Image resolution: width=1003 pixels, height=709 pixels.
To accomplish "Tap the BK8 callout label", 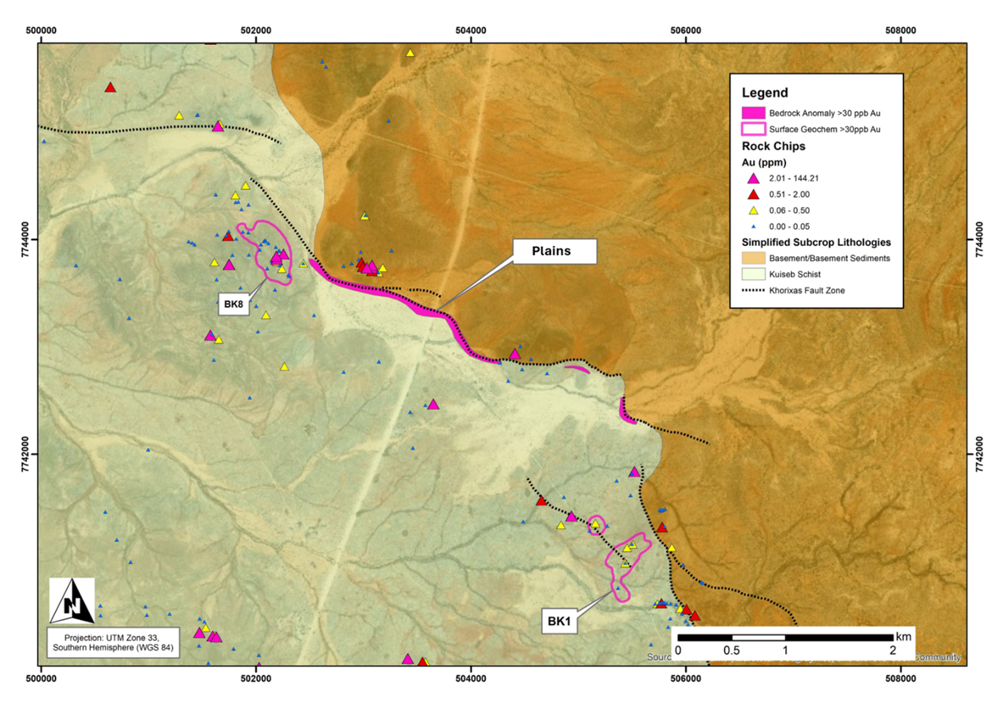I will tap(233, 305).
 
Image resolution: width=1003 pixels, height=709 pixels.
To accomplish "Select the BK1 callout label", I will tap(559, 621).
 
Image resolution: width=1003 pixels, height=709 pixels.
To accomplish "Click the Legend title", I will tap(765, 93).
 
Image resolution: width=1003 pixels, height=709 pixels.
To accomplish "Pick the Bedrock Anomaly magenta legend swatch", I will tap(753, 113).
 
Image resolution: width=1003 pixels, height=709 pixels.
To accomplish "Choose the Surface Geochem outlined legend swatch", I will tap(753, 129).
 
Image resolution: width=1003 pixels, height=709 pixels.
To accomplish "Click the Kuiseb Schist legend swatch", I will tap(753, 274).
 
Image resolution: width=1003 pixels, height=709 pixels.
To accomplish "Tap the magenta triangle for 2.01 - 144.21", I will tap(753, 178).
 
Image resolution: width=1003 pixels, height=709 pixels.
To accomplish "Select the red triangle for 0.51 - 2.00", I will tap(753, 194).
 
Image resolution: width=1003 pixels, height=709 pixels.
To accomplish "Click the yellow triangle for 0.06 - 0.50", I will tap(753, 210).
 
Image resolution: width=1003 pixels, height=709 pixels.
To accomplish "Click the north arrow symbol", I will tap(72, 601).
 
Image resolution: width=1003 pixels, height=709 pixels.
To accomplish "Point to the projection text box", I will tap(113, 643).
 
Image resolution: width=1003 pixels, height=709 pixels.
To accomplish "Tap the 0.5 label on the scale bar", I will tap(731, 651).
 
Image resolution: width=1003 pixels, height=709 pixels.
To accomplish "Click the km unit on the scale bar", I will tap(904, 637).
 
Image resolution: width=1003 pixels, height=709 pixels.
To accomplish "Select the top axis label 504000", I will tap(470, 31).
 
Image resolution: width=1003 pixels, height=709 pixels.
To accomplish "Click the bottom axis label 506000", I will tap(685, 678).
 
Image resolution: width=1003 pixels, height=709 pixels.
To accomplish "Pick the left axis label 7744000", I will tap(26, 240).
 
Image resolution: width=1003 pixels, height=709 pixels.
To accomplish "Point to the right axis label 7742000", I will tap(979, 454).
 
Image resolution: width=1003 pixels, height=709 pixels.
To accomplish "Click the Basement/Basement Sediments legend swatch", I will tap(753, 257).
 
